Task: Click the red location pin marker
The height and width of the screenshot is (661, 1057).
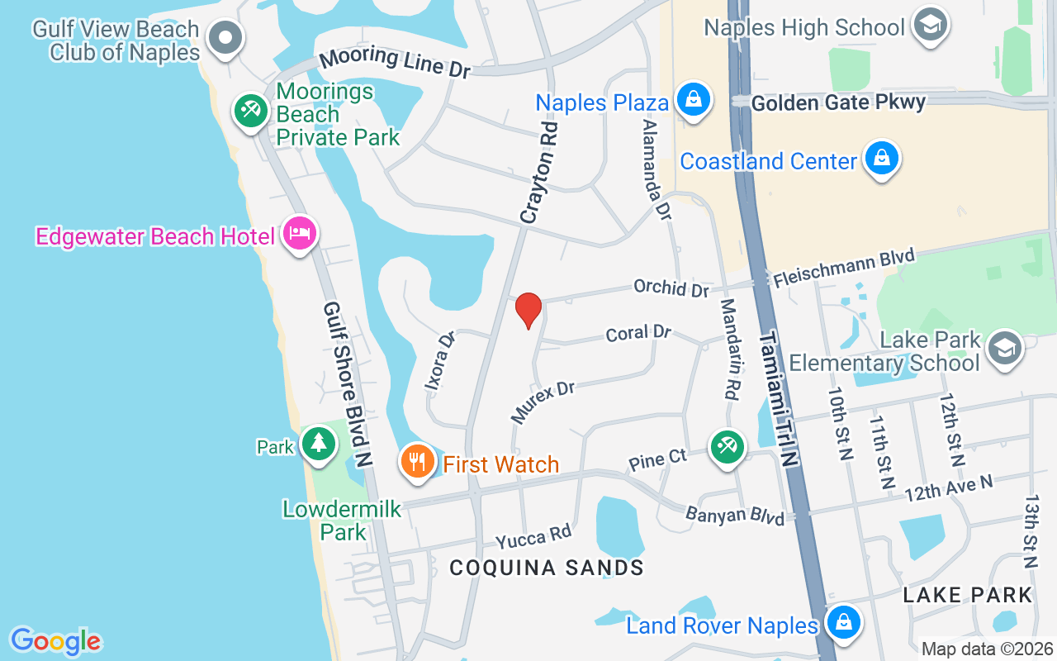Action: point(528,310)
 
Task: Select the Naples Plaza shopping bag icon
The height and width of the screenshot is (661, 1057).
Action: point(694,100)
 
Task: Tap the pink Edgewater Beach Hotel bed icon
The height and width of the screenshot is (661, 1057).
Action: point(299,233)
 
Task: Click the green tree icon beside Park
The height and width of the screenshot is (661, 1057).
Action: point(318,444)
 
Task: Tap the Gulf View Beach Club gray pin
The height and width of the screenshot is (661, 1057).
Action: point(225,37)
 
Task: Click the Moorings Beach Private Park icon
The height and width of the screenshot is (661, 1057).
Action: point(250,111)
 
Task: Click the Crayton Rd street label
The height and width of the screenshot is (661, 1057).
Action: point(540,173)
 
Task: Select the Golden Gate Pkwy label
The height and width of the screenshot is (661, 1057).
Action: point(838,102)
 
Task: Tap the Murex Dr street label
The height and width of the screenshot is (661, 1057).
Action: point(543,402)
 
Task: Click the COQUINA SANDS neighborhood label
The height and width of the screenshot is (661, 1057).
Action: point(547,568)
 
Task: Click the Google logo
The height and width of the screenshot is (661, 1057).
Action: point(55,640)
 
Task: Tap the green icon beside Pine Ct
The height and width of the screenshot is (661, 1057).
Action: point(727,447)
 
